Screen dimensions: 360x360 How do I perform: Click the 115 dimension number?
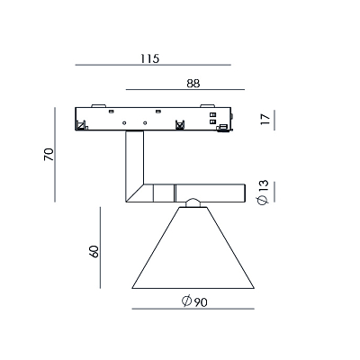tap(150, 58)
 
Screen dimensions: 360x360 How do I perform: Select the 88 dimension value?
tap(193, 84)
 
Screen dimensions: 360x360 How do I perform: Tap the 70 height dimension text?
tap(49, 155)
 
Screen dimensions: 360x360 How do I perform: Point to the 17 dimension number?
tap(265, 120)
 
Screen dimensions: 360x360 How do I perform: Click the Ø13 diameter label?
tap(263, 193)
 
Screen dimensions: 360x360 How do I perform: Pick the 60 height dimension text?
tap(94, 251)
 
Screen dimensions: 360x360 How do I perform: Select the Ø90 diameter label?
tap(194, 301)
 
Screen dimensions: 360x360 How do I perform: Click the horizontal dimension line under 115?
tap(153, 65)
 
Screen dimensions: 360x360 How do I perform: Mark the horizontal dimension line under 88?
tap(185, 89)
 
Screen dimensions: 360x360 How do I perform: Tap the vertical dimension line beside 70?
tap(55, 155)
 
